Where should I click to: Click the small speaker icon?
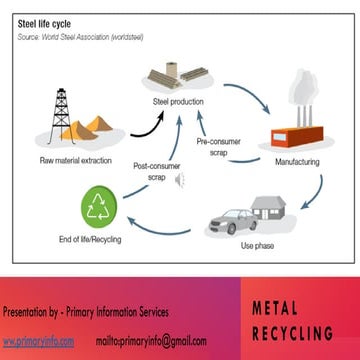coord(180,181)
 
